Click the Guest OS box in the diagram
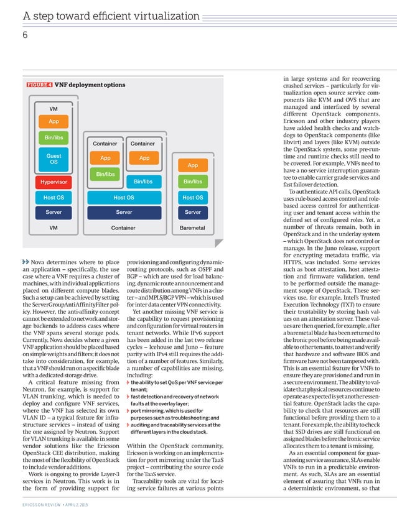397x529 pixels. click(54, 158)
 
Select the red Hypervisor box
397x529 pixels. click(54, 182)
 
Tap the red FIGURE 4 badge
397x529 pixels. click(39, 85)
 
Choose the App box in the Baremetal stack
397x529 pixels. click(192, 165)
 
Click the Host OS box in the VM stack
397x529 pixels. click(54, 198)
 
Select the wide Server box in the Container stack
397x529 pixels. click(123, 212)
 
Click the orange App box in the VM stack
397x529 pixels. click(54, 122)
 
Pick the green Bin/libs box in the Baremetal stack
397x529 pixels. click(192, 182)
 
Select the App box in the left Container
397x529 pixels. click(105, 158)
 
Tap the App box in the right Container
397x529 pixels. click(144, 158)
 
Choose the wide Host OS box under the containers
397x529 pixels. click(123, 198)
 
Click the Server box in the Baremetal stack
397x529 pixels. click(192, 212)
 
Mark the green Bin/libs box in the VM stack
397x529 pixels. click(54, 137)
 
